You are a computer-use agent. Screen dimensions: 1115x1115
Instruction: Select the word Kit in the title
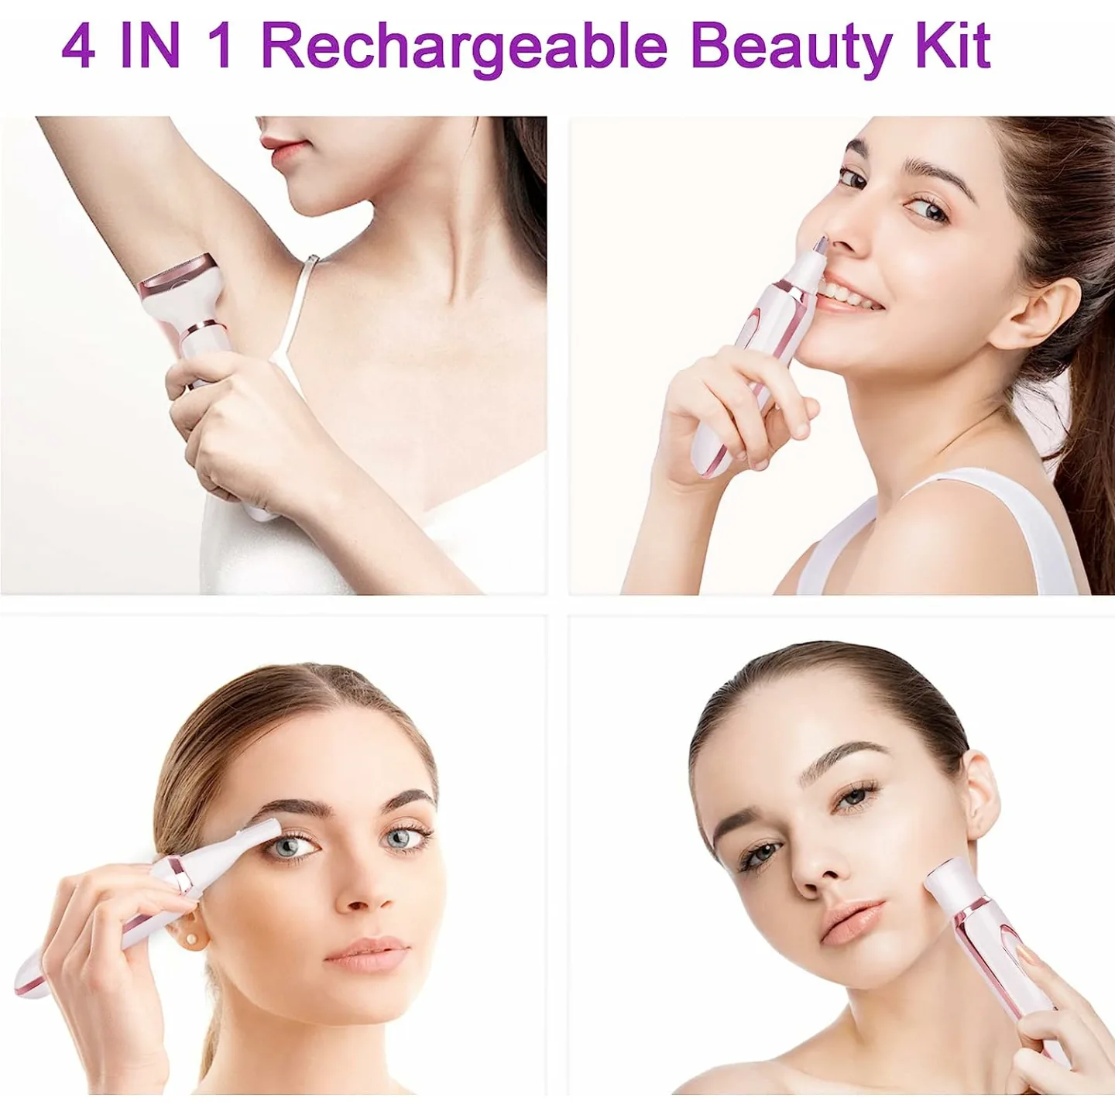[957, 46]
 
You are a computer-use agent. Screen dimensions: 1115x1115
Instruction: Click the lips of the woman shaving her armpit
[279, 146]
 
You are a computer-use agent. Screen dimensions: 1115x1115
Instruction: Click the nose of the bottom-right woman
[813, 868]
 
